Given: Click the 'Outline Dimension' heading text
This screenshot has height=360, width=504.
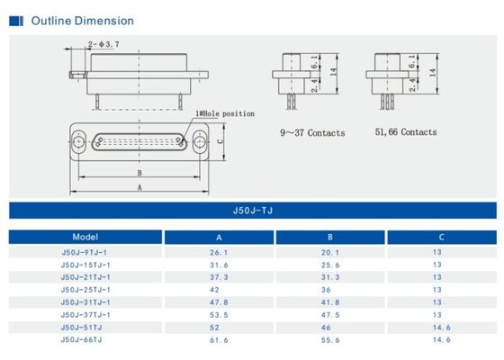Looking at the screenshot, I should tap(82, 21).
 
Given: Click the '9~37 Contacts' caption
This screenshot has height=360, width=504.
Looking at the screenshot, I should tap(311, 132).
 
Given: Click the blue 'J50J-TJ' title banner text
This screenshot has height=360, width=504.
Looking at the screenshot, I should tap(252, 212).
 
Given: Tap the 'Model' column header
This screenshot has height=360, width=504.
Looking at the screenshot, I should tap(85, 237).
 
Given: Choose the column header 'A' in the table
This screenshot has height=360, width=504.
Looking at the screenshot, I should tap(219, 237).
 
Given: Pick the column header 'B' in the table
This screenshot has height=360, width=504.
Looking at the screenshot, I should tap(330, 237).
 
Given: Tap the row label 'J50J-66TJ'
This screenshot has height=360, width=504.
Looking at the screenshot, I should tap(82, 339).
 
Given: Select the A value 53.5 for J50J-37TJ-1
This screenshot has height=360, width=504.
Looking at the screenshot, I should tap(219, 315).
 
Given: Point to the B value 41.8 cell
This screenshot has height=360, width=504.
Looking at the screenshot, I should tap(330, 302).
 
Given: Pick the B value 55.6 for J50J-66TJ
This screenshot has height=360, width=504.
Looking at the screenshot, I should tap(330, 339).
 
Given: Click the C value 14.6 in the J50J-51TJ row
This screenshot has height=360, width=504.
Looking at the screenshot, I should tap(441, 328).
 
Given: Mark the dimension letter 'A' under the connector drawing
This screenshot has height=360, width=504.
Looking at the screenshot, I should tap(139, 187).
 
